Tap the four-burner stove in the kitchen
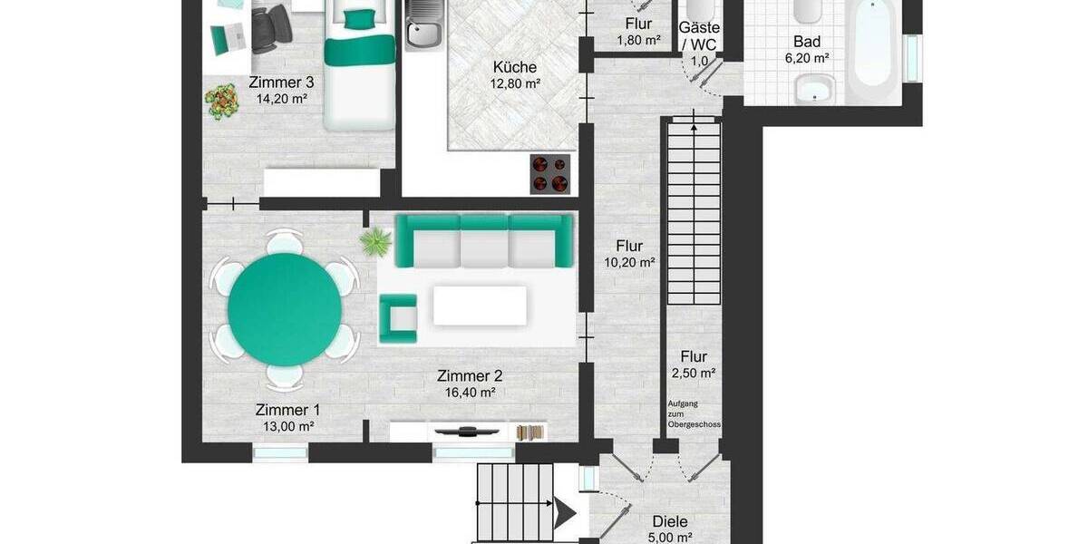click(549, 174)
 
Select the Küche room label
click(515, 67)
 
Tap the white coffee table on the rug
click(479, 306)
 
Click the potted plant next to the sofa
click(374, 242)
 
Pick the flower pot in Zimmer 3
click(222, 101)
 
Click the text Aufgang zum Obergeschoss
click(694, 413)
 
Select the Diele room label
click(670, 521)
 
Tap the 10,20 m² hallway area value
click(629, 263)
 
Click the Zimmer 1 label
click(287, 409)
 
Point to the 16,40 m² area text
click(469, 393)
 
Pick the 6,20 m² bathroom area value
click(807, 58)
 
